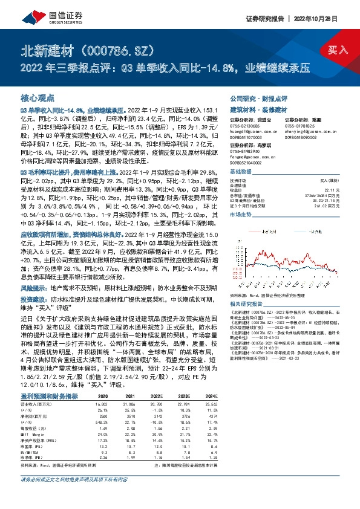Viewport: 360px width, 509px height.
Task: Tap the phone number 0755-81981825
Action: (296, 128)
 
